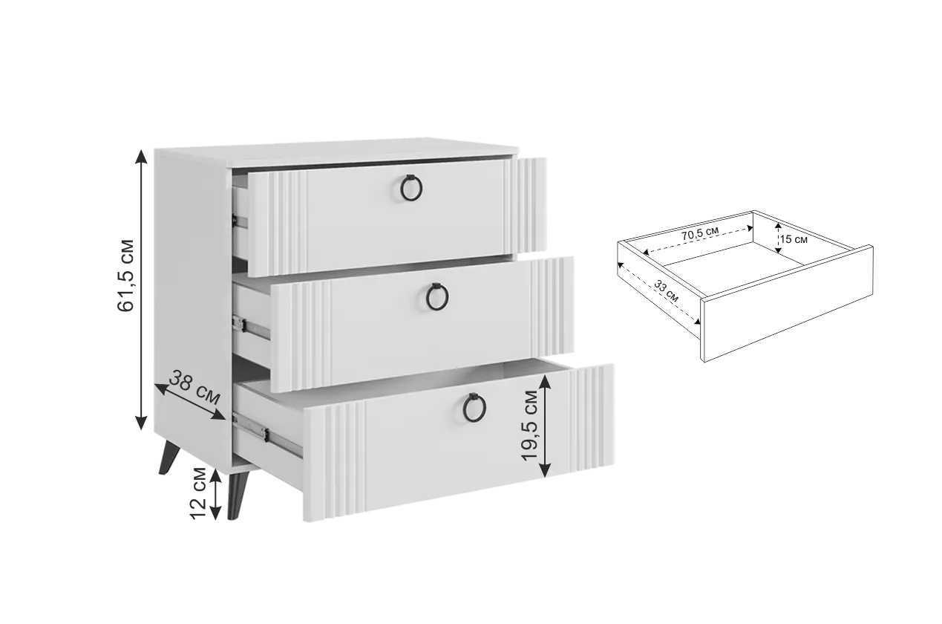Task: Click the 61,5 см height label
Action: pyautogui.click(x=125, y=276)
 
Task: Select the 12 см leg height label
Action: pyautogui.click(x=198, y=493)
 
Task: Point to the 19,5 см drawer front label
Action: pyautogui.click(x=529, y=425)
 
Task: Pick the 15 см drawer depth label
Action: pyautogui.click(x=794, y=239)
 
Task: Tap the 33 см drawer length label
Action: pyautogui.click(x=667, y=291)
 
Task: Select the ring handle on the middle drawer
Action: pyautogui.click(x=437, y=296)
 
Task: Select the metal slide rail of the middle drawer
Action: pyautogui.click(x=251, y=327)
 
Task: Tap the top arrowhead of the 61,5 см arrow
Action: pyautogui.click(x=141, y=156)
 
